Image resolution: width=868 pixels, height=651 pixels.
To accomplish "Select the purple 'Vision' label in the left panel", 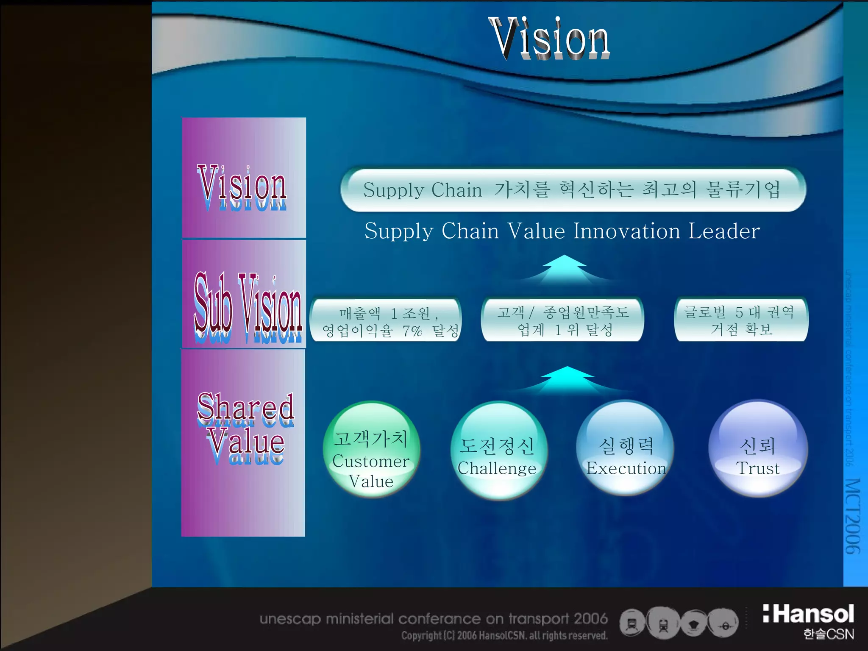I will point(242,187).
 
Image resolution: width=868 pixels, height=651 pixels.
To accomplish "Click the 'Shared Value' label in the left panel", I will point(245,426).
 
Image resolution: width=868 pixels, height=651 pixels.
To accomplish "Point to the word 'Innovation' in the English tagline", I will point(627,231).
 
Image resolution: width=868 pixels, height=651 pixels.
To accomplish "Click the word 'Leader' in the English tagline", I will point(724,231).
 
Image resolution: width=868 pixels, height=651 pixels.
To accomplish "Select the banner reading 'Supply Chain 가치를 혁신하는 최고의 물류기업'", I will point(573,190).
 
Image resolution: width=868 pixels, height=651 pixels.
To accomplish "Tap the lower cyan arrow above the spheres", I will point(567,379).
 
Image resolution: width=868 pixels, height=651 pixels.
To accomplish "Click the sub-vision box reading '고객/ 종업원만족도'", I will point(563,320).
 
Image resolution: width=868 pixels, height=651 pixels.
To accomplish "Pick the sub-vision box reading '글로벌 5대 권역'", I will point(741,320).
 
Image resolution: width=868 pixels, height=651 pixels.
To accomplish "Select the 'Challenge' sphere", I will point(498,451).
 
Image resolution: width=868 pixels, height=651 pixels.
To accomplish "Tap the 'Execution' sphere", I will point(625,449).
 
